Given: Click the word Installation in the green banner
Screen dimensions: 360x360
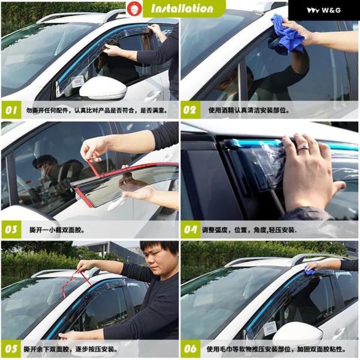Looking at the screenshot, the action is coord(182,8).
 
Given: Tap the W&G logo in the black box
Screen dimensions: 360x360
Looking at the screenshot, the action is coord(324,10).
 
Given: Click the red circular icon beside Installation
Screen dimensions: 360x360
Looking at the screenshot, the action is coord(134,9).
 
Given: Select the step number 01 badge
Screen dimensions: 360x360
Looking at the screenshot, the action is coord(11,110).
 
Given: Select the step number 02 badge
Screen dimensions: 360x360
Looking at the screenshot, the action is coord(190,110).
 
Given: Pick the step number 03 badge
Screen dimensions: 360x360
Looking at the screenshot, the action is coord(11,230).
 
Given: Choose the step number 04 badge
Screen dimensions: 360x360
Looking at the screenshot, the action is coord(190,230).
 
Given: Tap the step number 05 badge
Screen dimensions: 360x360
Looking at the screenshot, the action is coord(11,349).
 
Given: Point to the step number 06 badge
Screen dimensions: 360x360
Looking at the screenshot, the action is coord(190,349).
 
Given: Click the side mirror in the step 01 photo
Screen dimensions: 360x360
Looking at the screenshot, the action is coord(103,88).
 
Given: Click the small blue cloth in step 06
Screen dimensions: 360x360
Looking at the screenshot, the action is coord(310,272).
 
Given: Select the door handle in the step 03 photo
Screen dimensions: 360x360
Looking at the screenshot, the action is coord(115,204).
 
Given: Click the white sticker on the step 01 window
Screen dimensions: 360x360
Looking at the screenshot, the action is coord(77,82).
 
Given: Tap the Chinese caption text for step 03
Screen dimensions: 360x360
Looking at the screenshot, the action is coord(57,230).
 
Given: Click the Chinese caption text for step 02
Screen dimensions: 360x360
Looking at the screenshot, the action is coord(249,110).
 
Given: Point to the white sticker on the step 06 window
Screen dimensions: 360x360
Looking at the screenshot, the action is coord(270,328).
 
